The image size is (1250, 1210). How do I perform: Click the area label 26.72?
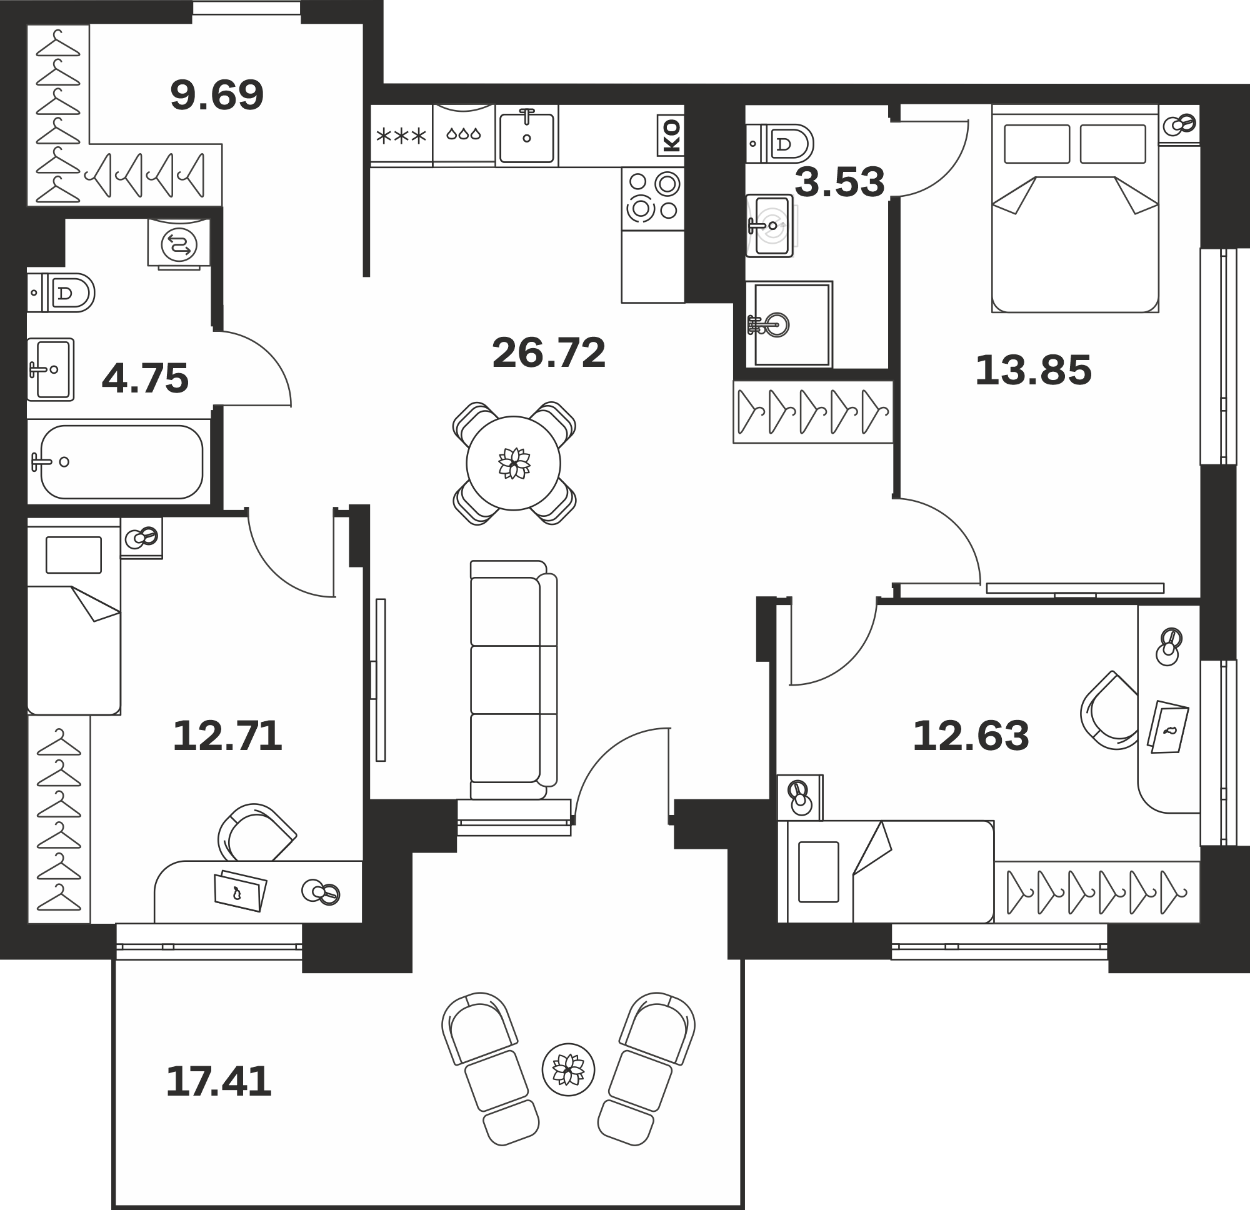(549, 353)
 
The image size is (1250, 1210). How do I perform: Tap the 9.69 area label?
(217, 96)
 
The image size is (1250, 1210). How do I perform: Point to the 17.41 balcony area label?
(219, 1082)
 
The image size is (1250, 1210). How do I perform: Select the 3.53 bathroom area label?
(839, 182)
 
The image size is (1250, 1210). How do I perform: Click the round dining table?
(513, 463)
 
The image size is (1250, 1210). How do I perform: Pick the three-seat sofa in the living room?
(513, 680)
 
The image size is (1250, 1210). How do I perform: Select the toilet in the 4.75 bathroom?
(61, 292)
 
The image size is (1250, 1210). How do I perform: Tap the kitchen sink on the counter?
(527, 136)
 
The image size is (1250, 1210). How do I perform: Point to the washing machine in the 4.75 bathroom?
(179, 243)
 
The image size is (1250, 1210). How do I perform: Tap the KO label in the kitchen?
(671, 136)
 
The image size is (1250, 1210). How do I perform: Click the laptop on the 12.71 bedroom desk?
(241, 890)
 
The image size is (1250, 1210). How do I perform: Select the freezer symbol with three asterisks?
(401, 136)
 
